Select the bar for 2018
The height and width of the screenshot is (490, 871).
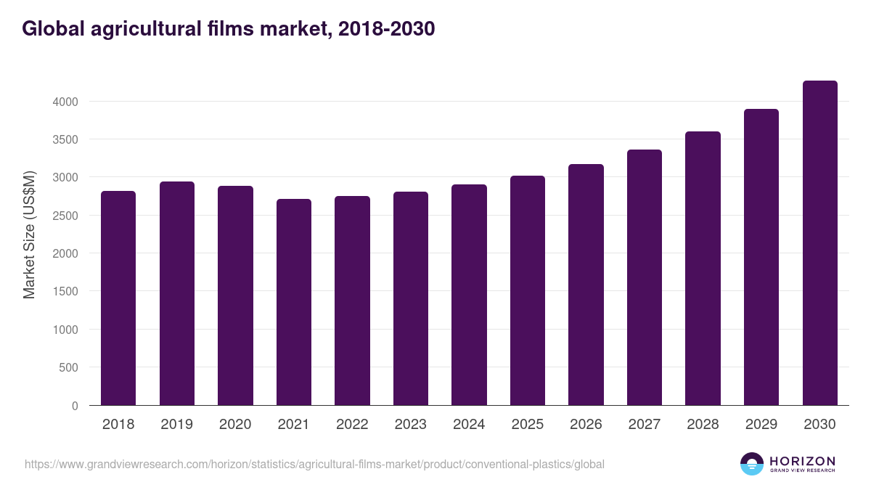coord(118,298)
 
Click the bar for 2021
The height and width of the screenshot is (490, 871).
coord(293,302)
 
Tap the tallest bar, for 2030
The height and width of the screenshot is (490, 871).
coord(819,243)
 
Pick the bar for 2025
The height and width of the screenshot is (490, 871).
coord(527,290)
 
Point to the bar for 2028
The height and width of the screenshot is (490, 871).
coord(703,269)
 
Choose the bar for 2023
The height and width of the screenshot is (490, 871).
coord(410,298)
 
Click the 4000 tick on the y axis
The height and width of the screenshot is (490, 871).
coord(65,102)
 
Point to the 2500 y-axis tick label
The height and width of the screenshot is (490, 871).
coord(65,216)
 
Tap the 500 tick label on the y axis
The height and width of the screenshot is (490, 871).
coord(68,367)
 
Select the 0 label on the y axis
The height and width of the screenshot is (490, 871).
coord(75,406)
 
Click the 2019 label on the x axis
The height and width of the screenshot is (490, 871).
coord(176,425)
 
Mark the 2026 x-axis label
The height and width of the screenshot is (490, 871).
coord(586,425)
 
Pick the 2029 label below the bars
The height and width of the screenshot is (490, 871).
coord(761,425)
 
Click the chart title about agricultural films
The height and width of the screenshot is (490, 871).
coord(229,28)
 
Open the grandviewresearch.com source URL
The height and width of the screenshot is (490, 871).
coord(314,464)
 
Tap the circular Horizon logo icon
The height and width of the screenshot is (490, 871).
coord(752,464)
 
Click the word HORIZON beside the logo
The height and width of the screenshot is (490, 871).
coord(802,461)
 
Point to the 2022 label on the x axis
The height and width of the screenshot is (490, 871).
coord(352,425)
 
